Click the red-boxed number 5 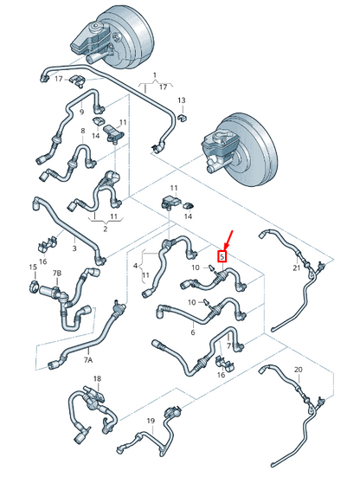coord(222,256)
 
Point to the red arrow coord(228,237)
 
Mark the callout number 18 coord(97,379)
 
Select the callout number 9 coord(82,111)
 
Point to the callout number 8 coord(82,132)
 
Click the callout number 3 coord(74,248)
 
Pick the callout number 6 coord(192,332)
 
